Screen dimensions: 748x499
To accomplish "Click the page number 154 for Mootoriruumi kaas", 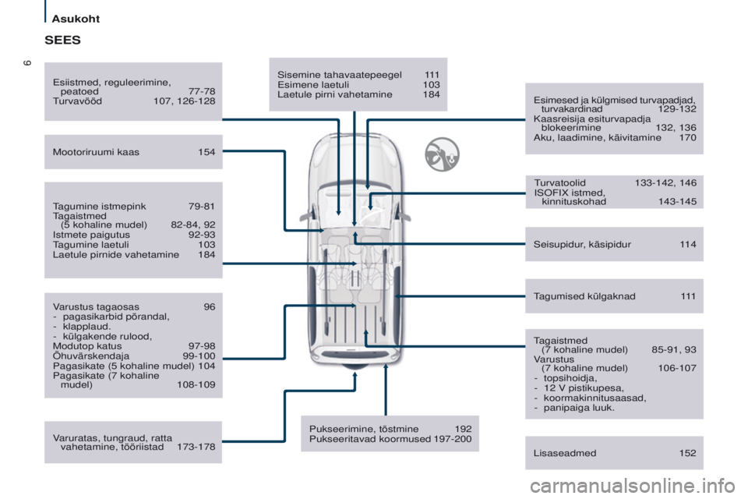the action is (206, 152).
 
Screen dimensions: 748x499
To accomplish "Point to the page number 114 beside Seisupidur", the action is (688, 244).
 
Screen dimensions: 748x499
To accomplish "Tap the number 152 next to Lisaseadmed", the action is (687, 453).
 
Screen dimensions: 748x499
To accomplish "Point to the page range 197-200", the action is (453, 439).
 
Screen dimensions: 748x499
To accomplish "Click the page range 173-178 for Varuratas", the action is (196, 448).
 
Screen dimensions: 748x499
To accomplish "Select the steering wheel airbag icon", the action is (442, 154).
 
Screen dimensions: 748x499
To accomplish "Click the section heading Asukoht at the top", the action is (79, 17).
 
